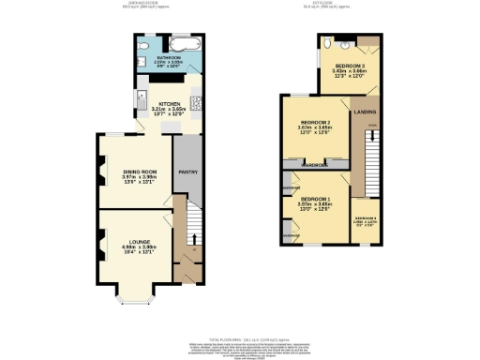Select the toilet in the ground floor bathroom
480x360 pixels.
pyautogui.click(x=140, y=45)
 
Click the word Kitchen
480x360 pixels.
pyautogui.click(x=169, y=104)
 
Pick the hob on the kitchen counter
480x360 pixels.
pyautogui.click(x=195, y=102)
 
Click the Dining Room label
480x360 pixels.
pyautogui.click(x=139, y=172)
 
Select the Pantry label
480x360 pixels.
pyautogui.click(x=187, y=172)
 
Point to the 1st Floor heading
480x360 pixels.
pyautogui.click(x=335, y=5)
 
